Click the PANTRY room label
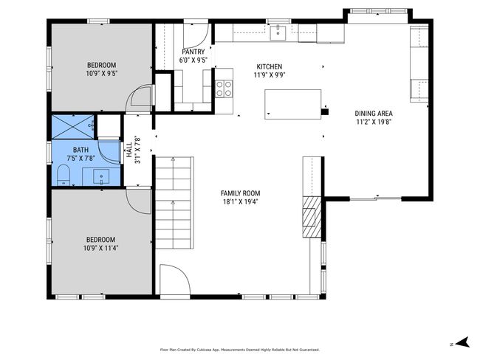click(193, 52)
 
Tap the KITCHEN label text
click(270, 66)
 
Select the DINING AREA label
click(374, 113)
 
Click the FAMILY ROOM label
click(240, 193)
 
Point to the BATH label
click(80, 150)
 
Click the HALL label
click(129, 150)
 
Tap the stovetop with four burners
click(224, 89)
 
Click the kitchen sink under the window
click(278, 33)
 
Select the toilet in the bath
click(64, 175)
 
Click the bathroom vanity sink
click(101, 177)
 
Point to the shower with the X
click(73, 127)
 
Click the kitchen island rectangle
click(293, 104)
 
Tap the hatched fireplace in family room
click(312, 217)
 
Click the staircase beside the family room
click(174, 203)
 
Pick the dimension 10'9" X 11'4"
click(100, 248)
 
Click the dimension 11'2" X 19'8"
click(374, 122)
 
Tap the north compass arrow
click(462, 342)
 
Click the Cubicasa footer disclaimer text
click(240, 349)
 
